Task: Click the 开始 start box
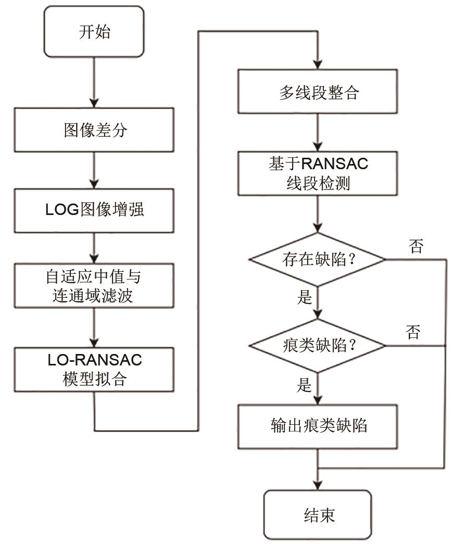click(94, 32)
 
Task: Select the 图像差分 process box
click(94, 129)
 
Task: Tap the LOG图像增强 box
click(94, 210)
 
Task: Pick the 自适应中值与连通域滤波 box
click(94, 286)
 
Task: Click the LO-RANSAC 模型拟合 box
click(94, 369)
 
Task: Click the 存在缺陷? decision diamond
click(318, 259)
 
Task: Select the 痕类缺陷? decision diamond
click(318, 346)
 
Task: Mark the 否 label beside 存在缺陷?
click(416, 246)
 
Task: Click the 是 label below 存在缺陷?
click(304, 297)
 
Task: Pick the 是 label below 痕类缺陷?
click(304, 385)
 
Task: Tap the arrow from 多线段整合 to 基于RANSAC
click(318, 132)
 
